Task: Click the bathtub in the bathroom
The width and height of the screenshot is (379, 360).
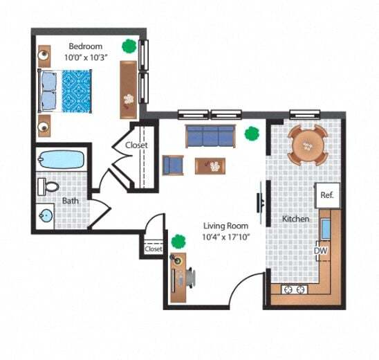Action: (62, 160)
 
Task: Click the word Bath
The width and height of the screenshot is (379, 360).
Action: (71, 201)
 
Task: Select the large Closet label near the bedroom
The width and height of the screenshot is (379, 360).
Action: (137, 145)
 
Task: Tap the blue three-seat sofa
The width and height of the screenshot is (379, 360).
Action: (210, 136)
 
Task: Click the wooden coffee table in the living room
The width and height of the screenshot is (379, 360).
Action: (210, 165)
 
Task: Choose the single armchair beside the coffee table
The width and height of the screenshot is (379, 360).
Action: (173, 165)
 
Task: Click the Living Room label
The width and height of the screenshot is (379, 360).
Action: (225, 226)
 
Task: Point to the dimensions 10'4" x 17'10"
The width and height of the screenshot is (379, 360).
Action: (225, 237)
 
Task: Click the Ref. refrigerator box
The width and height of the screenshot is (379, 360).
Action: (327, 195)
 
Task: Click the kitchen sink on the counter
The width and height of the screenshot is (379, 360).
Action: (326, 228)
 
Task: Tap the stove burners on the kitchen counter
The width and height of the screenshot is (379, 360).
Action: (294, 289)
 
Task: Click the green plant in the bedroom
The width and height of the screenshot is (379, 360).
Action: (129, 47)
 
